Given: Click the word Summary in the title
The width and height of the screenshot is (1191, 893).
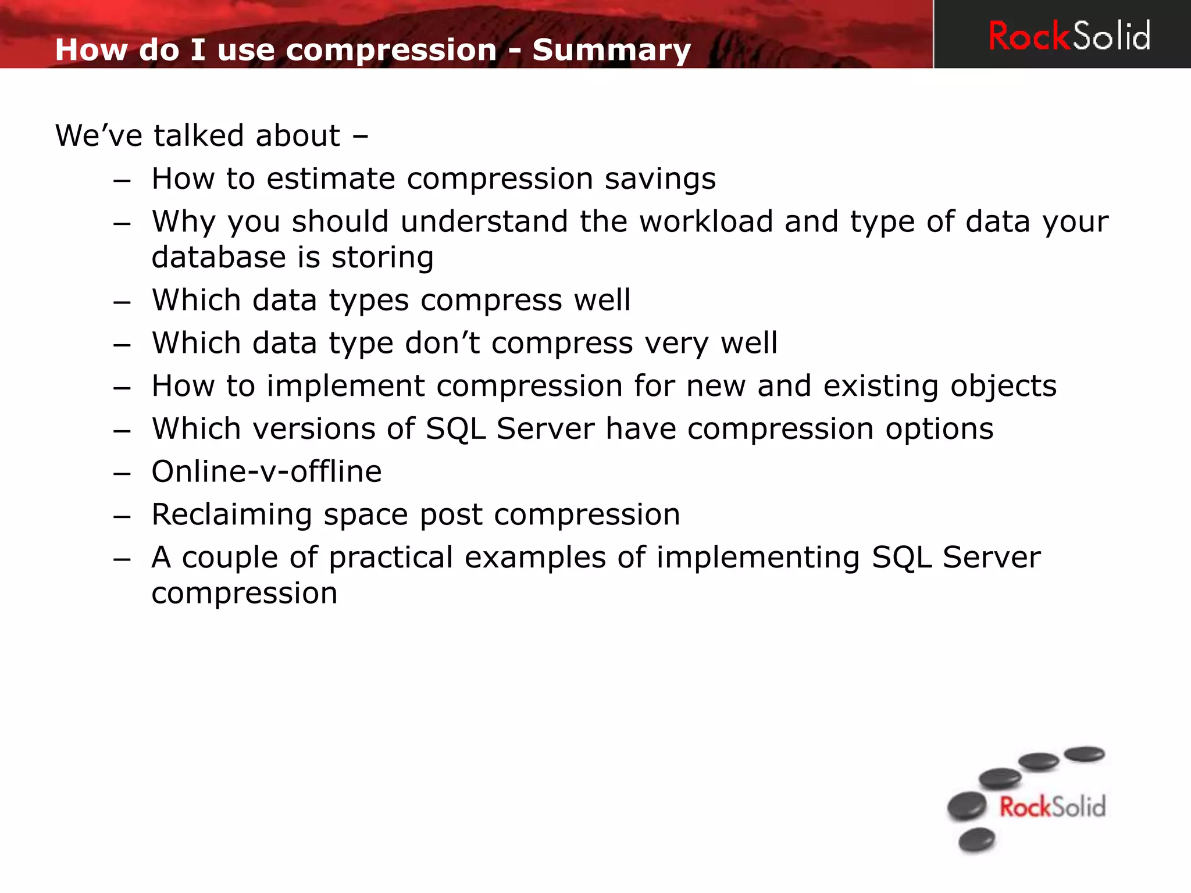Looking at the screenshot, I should tap(611, 50).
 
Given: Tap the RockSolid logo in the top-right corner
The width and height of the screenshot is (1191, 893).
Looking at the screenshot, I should tap(1069, 36).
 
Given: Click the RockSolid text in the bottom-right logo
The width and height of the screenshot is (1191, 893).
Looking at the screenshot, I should tap(1052, 807).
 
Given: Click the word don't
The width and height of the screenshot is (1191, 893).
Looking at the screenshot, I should tap(442, 343).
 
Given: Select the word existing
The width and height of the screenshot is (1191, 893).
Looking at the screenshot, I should tap(880, 386).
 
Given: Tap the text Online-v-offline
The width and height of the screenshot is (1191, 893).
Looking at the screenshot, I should tap(266, 471).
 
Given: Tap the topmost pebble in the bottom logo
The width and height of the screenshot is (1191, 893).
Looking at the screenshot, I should tap(1084, 754).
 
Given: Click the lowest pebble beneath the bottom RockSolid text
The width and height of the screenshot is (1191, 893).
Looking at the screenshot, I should tap(976, 840).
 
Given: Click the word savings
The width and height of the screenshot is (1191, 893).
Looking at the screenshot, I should tap(660, 178).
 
